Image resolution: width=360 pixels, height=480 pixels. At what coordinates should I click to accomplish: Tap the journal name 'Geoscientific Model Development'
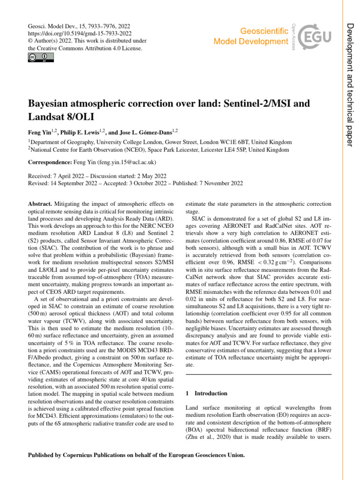[x=251, y=36]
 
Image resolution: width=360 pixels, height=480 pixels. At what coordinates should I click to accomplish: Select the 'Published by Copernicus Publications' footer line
[x=136, y=455]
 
